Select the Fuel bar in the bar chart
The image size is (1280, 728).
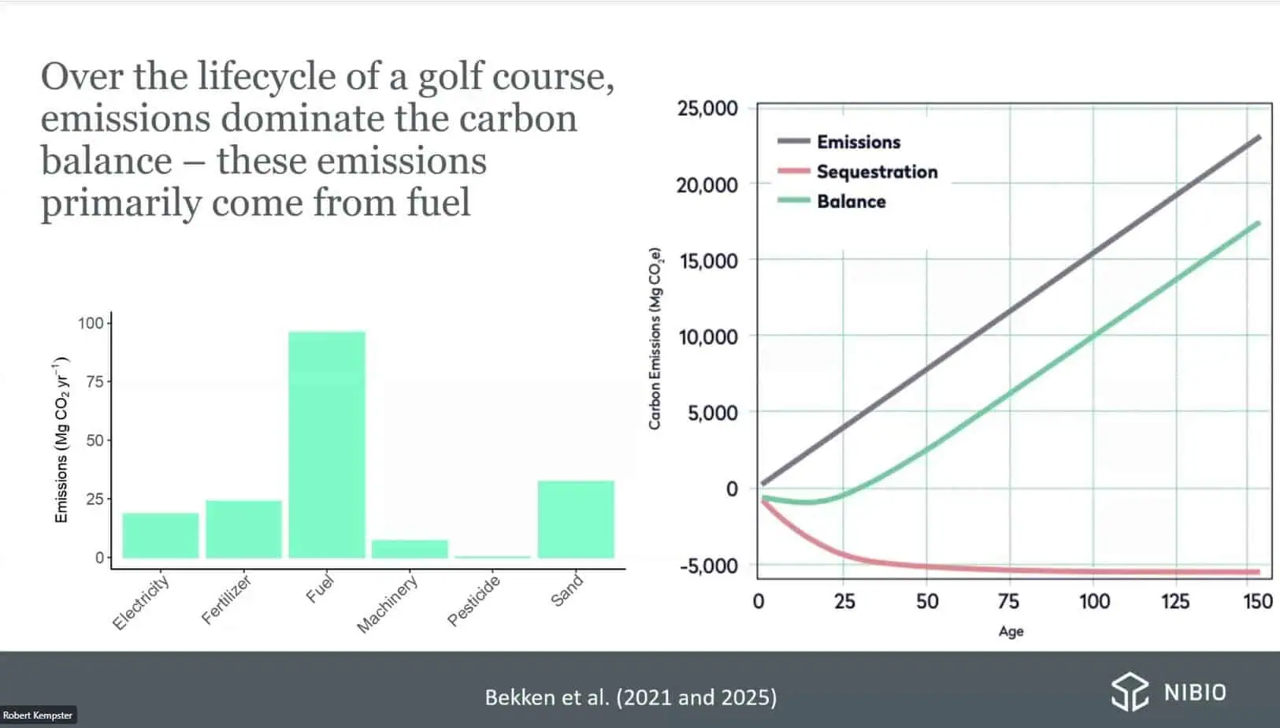[x=326, y=444]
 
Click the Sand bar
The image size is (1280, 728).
[x=576, y=519]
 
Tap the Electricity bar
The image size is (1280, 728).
[x=161, y=536]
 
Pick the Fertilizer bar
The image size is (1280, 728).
[x=243, y=529]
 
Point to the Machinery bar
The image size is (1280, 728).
[x=410, y=549]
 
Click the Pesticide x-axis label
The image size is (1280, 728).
[x=474, y=600]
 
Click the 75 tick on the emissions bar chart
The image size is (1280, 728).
[x=95, y=381]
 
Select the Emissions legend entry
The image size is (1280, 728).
[x=858, y=142]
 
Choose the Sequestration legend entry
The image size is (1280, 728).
[x=876, y=172]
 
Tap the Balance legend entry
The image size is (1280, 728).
[x=851, y=202]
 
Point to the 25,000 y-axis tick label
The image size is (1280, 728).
[x=707, y=108]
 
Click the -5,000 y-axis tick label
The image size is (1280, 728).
[x=709, y=566]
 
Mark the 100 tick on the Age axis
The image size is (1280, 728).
[x=1094, y=602]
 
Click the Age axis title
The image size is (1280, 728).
[x=1011, y=631]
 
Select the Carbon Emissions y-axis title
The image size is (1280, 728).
[x=655, y=339]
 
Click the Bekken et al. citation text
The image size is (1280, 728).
[x=630, y=697]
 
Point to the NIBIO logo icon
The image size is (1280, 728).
[x=1130, y=692]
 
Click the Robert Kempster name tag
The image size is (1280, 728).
[x=38, y=715]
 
